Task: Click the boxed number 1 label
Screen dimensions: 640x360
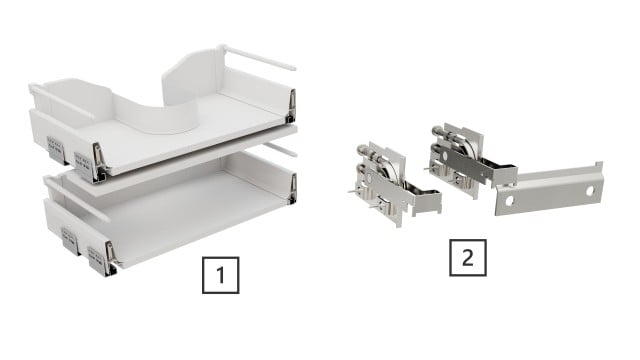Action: (220, 275)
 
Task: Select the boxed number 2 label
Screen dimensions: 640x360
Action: (468, 258)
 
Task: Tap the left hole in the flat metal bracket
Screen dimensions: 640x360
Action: (509, 200)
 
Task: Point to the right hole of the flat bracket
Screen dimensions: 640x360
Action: (590, 191)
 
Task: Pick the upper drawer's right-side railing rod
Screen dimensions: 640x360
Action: (258, 57)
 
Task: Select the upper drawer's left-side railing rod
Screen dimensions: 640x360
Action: (62, 101)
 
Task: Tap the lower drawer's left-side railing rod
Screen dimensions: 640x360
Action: (77, 199)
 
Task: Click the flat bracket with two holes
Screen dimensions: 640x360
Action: (549, 189)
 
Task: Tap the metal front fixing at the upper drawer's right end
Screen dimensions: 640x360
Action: (291, 106)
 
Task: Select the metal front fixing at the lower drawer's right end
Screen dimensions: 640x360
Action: (293, 189)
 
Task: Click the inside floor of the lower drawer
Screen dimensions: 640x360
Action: (184, 212)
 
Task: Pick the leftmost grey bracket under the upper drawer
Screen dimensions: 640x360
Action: (56, 149)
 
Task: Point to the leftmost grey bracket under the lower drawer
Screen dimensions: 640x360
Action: (70, 241)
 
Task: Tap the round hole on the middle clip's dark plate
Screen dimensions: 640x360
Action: (447, 156)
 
